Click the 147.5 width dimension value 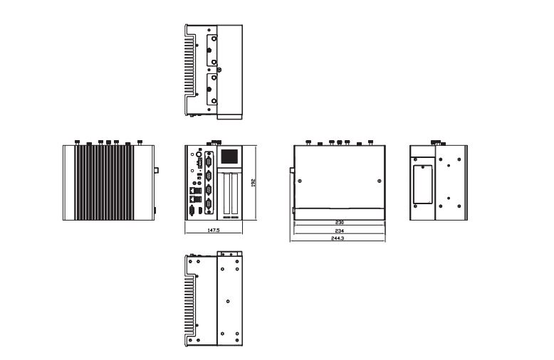[x=212, y=231]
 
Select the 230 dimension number [x=339, y=223]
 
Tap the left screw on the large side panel [x=299, y=179]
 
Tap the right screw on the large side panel [x=377, y=179]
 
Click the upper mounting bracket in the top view [x=210, y=51]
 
